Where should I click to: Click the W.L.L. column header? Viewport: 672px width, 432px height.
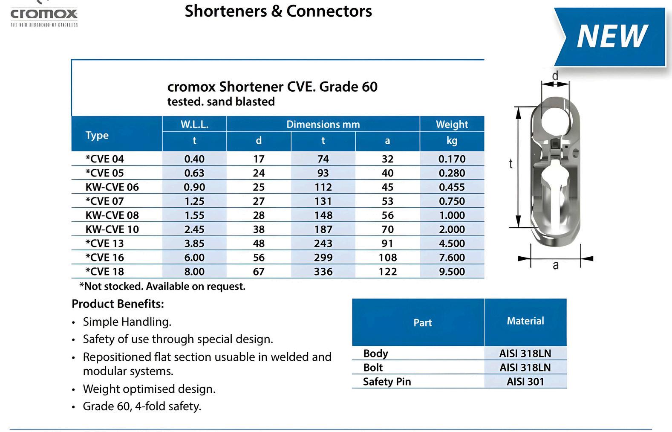(194, 124)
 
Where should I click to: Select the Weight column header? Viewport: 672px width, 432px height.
(452, 124)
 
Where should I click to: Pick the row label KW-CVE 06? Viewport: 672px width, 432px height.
(112, 187)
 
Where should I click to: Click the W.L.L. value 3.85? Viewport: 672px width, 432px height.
(194, 243)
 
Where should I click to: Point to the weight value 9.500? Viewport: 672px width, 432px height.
(452, 271)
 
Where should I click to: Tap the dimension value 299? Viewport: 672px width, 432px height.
(323, 257)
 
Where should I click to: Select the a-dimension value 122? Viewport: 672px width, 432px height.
(387, 271)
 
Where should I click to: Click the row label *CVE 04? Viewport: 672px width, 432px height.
(105, 159)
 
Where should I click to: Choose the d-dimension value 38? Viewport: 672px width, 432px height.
(259, 229)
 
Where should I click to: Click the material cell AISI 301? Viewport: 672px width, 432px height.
(525, 381)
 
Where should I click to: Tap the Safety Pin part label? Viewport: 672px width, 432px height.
(387, 381)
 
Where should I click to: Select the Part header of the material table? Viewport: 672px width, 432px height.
(422, 322)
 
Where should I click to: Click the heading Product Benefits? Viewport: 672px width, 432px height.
(118, 304)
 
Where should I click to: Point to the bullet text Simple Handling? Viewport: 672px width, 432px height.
(127, 322)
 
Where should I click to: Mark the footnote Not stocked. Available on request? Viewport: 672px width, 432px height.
(162, 286)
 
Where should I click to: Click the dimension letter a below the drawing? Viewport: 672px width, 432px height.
(555, 265)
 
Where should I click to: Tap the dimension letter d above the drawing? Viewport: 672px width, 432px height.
(555, 76)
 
